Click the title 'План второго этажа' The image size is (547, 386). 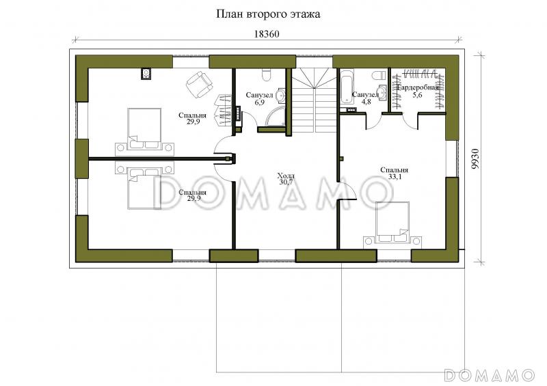[268, 14]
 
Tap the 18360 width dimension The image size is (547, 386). [267, 34]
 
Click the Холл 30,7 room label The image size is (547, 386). [286, 178]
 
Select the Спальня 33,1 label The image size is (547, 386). [395, 174]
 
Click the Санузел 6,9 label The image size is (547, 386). [259, 98]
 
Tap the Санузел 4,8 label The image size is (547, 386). [366, 98]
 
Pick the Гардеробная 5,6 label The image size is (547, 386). [418, 91]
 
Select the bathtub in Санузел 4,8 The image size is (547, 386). [346, 87]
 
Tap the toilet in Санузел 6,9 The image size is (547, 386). [266, 74]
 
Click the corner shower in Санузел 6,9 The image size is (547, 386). [276, 115]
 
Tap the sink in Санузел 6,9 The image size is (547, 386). [281, 95]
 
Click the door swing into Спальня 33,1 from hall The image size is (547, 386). [348, 190]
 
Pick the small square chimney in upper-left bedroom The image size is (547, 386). [146, 73]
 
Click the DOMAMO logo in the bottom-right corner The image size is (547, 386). [490, 375]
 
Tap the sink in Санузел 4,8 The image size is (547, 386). [382, 92]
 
